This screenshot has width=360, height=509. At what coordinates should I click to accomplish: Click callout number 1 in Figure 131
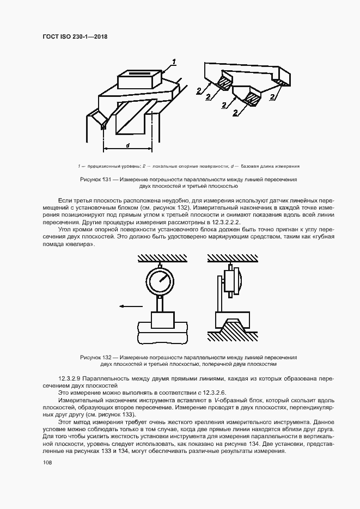pyautogui.click(x=174, y=62)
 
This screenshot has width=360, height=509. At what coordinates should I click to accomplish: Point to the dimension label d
pyautogui.click(x=127, y=145)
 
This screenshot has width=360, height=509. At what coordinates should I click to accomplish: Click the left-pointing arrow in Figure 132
pyautogui.click(x=131, y=306)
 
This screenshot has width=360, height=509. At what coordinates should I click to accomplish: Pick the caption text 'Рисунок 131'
pyautogui.click(x=95, y=179)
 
